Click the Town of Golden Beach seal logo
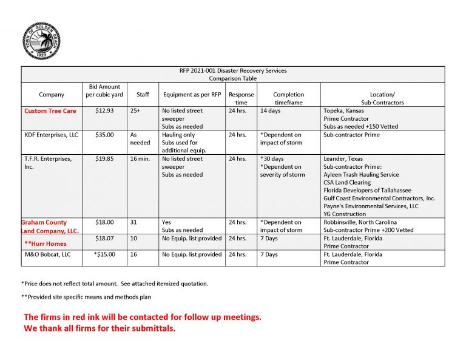(41, 41)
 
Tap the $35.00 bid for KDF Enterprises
(104, 135)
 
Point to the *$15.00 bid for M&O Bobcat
(104, 254)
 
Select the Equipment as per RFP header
(191, 95)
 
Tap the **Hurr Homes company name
(46, 243)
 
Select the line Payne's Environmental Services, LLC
(371, 206)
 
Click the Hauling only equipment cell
(178, 135)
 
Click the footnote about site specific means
(86, 297)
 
